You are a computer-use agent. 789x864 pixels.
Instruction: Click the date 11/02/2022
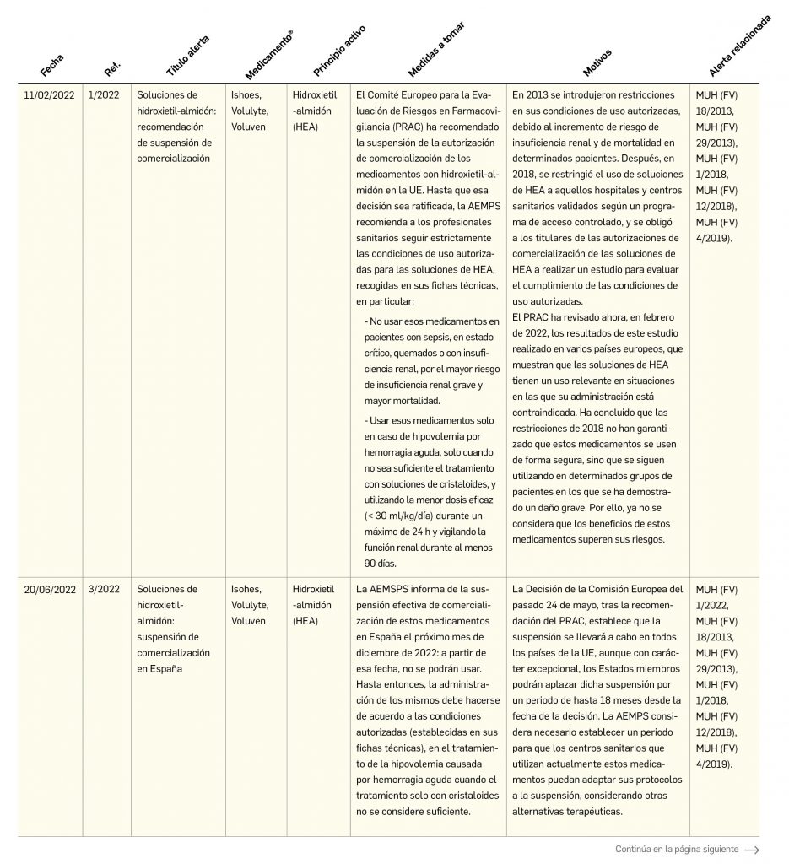click(50, 95)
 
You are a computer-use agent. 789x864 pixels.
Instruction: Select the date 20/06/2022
click(50, 589)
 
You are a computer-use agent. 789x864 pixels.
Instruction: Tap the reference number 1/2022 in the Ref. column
click(104, 95)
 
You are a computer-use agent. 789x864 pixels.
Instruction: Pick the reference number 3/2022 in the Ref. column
click(104, 589)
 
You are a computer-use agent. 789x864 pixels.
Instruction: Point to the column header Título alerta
click(187, 56)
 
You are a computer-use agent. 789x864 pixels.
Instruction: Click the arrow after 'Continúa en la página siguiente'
click(751, 850)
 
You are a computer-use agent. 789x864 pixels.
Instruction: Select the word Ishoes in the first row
click(246, 95)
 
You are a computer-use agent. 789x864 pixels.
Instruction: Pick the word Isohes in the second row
click(246, 589)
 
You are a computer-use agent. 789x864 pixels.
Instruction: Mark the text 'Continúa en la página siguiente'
click(677, 850)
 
